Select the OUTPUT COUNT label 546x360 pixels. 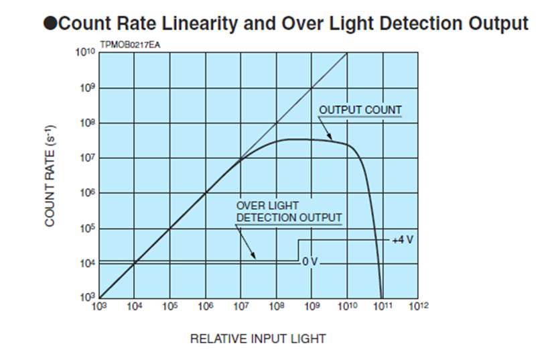click(x=360, y=110)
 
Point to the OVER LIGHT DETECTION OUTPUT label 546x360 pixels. click(x=288, y=211)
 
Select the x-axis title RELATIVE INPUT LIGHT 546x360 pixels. click(x=258, y=339)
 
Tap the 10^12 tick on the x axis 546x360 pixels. click(x=418, y=306)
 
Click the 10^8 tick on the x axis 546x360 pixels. click(x=276, y=306)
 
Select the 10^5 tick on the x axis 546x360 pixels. click(x=169, y=306)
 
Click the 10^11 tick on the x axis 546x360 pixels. click(x=383, y=306)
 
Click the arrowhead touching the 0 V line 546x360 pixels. click(x=255, y=257)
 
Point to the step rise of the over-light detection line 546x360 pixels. click(x=298, y=250)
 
